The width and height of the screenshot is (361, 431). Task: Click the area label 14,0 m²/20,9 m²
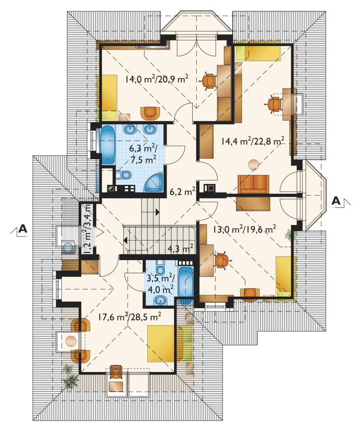(x=157, y=80)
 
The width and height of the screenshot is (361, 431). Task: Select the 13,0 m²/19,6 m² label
(x=245, y=229)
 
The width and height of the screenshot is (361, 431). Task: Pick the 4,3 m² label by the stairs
(x=180, y=249)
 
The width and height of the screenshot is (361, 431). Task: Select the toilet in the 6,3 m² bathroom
(x=123, y=175)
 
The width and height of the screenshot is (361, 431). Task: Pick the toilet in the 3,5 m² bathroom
(x=160, y=266)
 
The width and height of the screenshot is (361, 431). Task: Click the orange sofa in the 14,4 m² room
(x=253, y=184)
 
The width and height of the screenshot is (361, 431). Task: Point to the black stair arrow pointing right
(x=157, y=212)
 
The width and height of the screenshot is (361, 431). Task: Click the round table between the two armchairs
(x=71, y=341)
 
